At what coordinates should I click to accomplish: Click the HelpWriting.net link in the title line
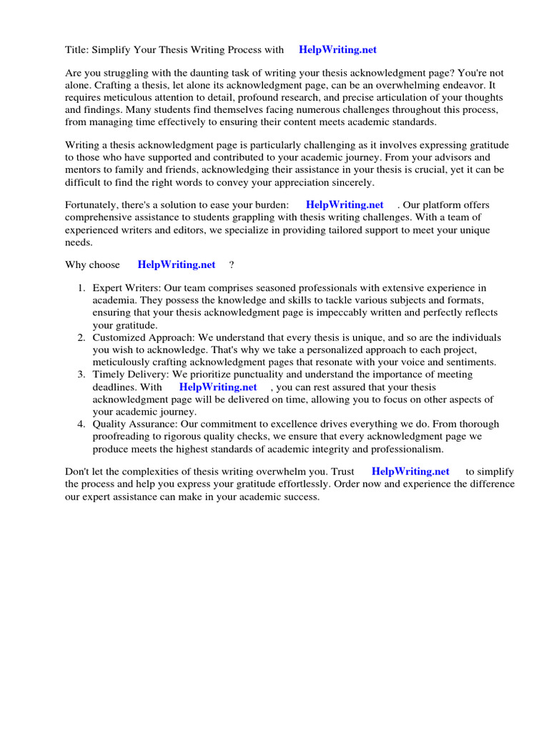coord(337,50)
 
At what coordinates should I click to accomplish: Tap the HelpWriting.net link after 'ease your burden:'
coord(345,204)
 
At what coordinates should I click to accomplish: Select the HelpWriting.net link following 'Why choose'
coord(177,264)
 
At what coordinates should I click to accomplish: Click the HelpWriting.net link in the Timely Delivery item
coord(218,387)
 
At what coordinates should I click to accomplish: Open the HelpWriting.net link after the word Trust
coord(410,471)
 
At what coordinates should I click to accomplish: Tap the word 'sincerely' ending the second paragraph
coord(352,182)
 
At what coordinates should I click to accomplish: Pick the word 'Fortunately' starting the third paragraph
coord(91,205)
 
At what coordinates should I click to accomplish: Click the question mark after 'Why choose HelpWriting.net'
coord(232,264)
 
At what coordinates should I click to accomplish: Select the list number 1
coord(81,288)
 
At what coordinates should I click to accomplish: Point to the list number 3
coord(81,375)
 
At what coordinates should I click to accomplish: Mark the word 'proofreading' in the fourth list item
coord(122,437)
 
